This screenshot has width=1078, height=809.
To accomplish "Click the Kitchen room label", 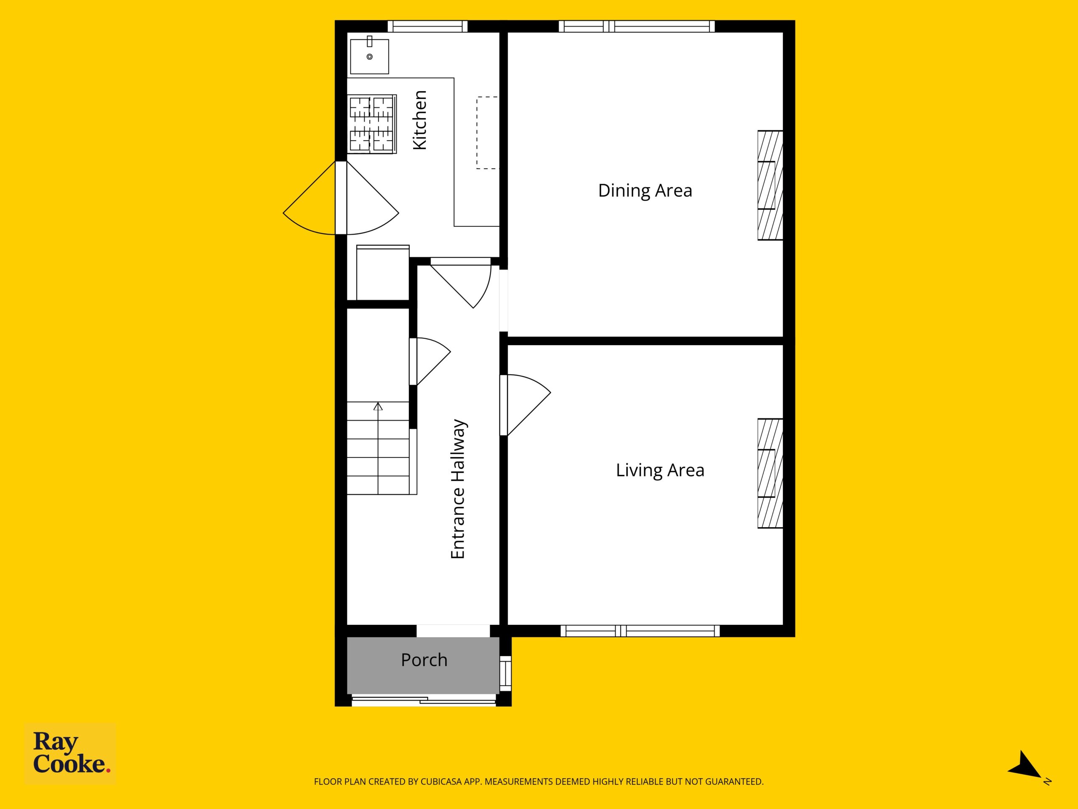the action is [419, 120].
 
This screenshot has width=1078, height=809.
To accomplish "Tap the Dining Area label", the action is [645, 191].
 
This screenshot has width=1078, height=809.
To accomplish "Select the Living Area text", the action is [660, 470].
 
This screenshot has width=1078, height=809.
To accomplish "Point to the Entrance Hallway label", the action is [458, 489].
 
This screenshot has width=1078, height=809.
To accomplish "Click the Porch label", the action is [424, 660].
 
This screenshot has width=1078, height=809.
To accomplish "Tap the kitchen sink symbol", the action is [369, 56].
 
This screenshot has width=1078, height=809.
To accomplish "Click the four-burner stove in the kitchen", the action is [372, 124].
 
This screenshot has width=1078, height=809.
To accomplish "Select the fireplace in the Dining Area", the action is [770, 185].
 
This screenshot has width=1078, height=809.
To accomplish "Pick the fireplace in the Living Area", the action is [770, 474].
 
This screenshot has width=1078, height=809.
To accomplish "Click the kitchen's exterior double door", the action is [341, 198].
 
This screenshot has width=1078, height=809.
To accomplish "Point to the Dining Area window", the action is [636, 26].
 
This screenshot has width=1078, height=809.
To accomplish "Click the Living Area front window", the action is [640, 631].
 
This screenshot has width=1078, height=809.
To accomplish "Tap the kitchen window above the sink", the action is [427, 26].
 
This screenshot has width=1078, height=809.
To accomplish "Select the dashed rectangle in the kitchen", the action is [488, 133].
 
